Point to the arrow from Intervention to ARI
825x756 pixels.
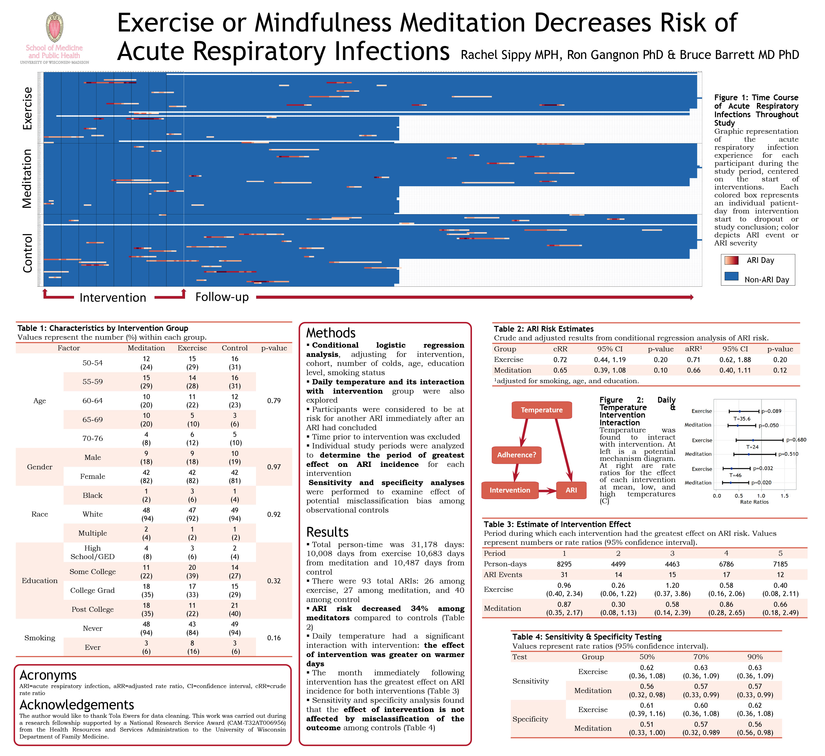pyautogui.click(x=547, y=491)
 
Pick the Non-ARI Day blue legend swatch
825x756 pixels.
pyautogui.click(x=731, y=277)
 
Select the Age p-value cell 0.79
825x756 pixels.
pyautogui.click(x=274, y=401)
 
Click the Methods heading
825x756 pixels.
pyautogui.click(x=331, y=333)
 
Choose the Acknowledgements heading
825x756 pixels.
pyautogui.click(x=76, y=705)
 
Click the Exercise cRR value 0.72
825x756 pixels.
pyautogui.click(x=560, y=360)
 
